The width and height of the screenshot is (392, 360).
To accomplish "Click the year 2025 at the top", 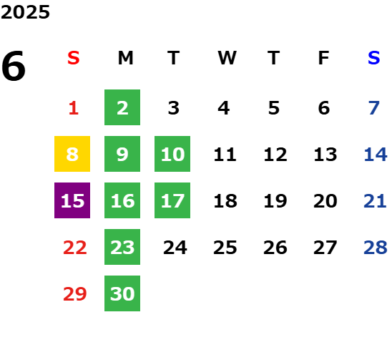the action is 25,12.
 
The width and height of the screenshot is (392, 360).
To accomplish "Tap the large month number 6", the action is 14,66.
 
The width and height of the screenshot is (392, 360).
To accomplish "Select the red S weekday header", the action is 74,58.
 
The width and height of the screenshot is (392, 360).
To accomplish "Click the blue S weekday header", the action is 374,58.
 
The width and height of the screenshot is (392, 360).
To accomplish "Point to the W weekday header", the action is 227,58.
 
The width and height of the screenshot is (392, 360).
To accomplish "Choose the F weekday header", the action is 324,58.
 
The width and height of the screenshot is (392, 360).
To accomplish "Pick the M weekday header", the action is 125,58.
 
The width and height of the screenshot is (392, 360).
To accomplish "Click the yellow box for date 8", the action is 72,154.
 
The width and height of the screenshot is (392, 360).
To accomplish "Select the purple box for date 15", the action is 72,200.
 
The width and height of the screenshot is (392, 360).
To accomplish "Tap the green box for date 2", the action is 122,107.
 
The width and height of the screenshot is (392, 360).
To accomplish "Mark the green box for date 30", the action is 122,293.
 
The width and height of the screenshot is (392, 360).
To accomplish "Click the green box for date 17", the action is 172,200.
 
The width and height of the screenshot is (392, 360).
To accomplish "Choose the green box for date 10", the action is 172,154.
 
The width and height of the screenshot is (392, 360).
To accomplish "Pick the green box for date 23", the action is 122,247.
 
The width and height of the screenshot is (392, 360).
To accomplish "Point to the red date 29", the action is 75,293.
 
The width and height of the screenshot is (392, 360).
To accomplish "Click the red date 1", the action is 74,108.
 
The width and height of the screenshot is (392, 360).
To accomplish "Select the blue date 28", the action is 376,248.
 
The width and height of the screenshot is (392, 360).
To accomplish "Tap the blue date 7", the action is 374,108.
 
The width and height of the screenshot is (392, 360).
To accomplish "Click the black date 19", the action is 275,201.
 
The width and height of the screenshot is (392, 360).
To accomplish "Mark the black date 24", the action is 175,248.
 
